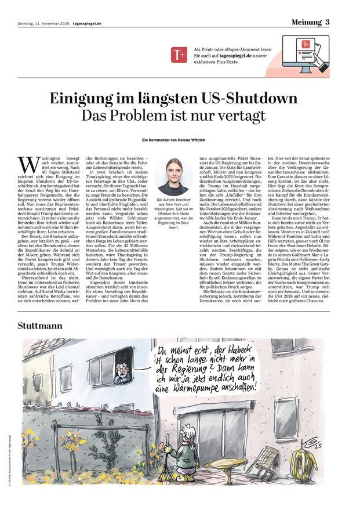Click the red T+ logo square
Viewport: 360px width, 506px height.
point(177,55)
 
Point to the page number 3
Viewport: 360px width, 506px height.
point(328,22)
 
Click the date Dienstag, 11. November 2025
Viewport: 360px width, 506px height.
point(39,24)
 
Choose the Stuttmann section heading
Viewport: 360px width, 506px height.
point(39,324)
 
